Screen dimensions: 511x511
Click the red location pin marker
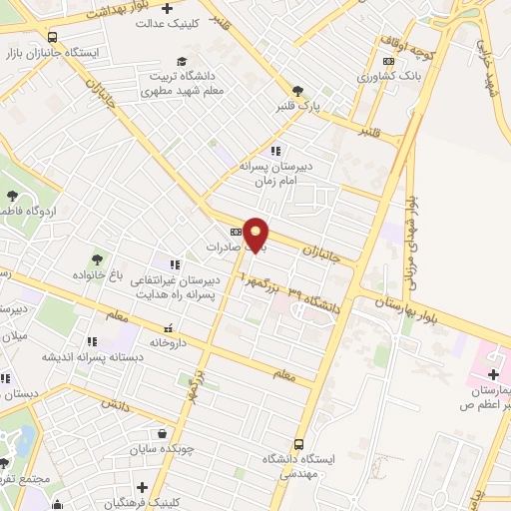click(256, 235)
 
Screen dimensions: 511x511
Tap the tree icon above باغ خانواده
click(97, 258)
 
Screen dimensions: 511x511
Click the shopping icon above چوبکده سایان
click(162, 433)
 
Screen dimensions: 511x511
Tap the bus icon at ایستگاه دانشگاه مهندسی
click(299, 445)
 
